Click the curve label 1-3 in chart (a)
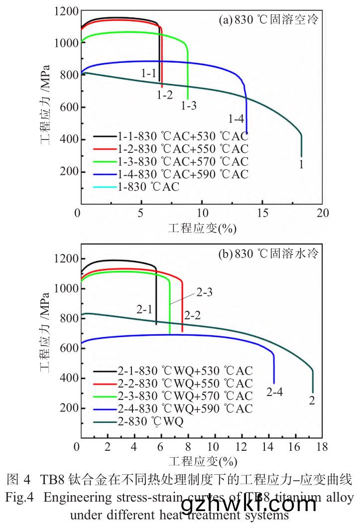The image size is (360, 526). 189,105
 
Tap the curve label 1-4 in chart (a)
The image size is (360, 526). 236,119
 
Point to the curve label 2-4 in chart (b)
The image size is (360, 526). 274,392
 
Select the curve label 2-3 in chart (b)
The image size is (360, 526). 205,292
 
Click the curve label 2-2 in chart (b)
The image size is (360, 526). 193,315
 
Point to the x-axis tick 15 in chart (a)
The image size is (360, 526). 262,213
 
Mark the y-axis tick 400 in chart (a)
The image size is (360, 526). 67,139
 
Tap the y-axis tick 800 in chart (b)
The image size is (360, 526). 67,318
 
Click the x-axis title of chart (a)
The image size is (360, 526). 202,228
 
